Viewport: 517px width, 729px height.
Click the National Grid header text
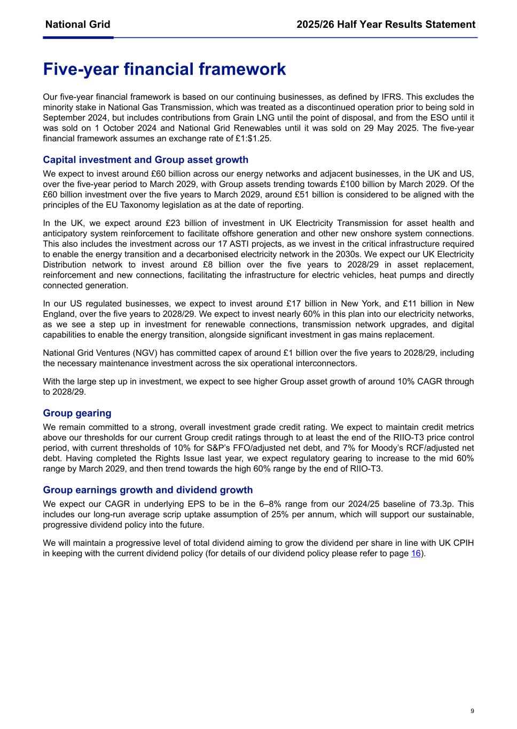(78, 25)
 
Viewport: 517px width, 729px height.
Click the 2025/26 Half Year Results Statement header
(386, 25)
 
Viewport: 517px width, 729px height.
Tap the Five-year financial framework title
(164, 69)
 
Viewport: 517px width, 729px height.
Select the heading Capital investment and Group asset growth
(145, 160)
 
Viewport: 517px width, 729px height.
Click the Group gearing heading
(77, 413)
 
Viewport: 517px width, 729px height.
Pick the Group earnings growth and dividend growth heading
(147, 490)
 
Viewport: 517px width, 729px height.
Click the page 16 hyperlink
(416, 553)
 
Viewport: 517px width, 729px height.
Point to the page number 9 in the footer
(472, 711)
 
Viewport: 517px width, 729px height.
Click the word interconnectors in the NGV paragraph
(323, 363)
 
